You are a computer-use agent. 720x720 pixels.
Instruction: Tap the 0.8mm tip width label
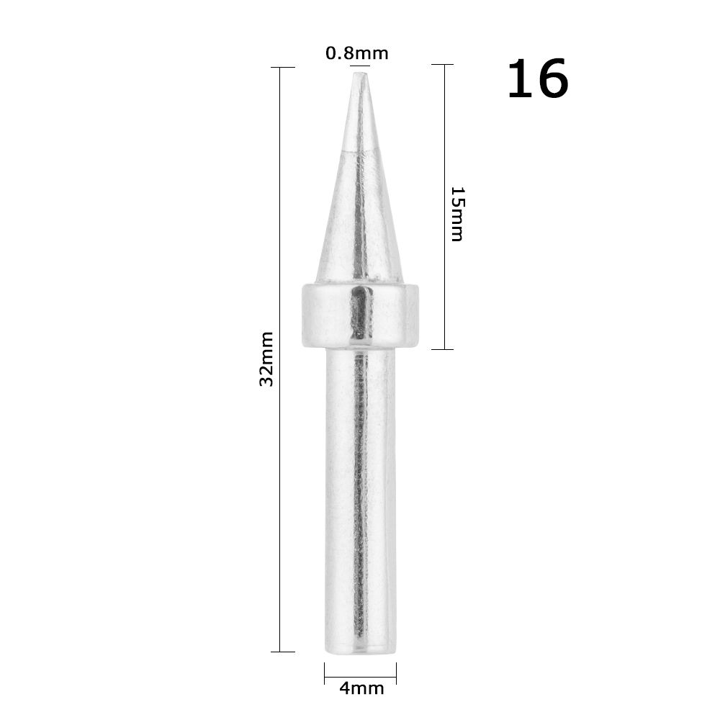click(356, 53)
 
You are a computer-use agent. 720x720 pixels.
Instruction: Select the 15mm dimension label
click(456, 214)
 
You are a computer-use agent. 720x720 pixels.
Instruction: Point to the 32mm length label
click(266, 359)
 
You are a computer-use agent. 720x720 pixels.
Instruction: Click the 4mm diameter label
click(361, 688)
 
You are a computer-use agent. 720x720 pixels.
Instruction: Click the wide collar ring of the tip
click(360, 315)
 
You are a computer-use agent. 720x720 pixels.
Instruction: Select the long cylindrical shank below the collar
click(360, 497)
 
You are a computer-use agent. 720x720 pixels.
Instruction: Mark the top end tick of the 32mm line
click(282, 67)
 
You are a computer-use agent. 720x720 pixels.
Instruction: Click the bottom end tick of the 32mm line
click(282, 652)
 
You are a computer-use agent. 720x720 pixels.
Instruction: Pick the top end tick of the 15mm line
click(442, 65)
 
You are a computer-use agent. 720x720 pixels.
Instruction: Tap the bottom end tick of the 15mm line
click(442, 349)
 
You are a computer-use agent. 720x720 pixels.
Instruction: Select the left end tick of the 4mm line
click(325, 673)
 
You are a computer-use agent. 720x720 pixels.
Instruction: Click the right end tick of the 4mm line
click(396, 673)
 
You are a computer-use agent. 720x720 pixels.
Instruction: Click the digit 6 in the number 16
click(551, 80)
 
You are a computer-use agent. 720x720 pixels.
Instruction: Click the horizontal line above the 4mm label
click(360, 677)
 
